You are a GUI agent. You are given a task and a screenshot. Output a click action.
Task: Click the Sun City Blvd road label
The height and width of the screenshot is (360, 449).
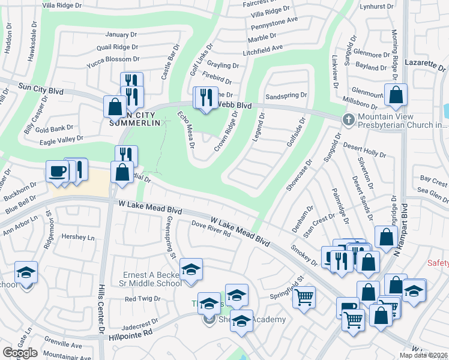(40, 88)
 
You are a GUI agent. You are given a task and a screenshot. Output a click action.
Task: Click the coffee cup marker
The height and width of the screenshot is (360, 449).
(58, 171)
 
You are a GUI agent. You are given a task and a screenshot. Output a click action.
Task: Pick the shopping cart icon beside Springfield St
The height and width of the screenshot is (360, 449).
(304, 296)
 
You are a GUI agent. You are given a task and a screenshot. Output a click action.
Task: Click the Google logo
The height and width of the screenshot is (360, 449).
(20, 353)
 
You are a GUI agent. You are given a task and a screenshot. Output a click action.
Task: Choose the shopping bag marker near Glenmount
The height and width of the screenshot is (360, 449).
(396, 95)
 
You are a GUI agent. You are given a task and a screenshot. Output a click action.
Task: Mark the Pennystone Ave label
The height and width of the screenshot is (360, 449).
(274, 20)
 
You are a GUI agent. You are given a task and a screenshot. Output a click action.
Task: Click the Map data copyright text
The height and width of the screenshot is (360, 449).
(423, 355)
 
